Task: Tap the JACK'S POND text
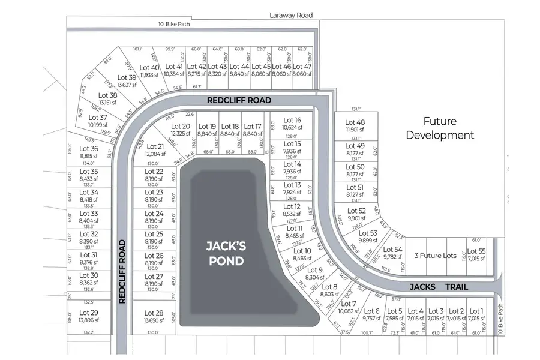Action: click(225, 253)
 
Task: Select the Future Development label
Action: click(440, 128)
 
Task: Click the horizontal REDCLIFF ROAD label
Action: click(239, 100)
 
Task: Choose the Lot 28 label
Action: click(154, 313)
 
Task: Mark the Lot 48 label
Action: click(355, 122)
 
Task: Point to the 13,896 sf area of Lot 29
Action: click(88, 321)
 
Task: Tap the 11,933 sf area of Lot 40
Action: click(150, 76)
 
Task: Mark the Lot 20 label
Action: click(181, 126)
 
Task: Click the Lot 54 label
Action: click(392, 249)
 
